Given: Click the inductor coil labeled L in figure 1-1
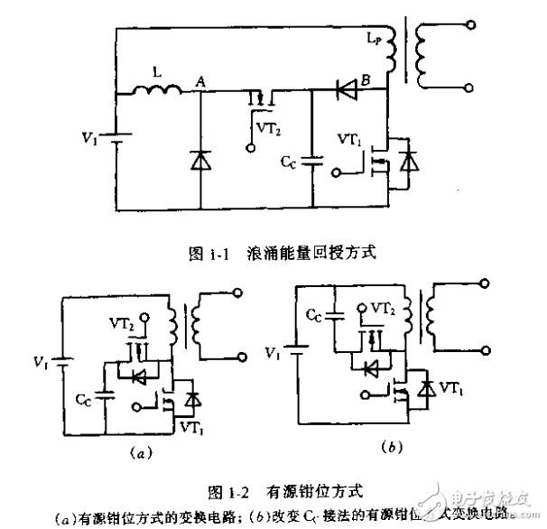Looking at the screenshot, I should click(157, 90).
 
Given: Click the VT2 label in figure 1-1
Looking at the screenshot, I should click(268, 129).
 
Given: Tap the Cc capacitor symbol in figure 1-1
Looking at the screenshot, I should click(312, 162).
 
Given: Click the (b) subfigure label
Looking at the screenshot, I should click(386, 445).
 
